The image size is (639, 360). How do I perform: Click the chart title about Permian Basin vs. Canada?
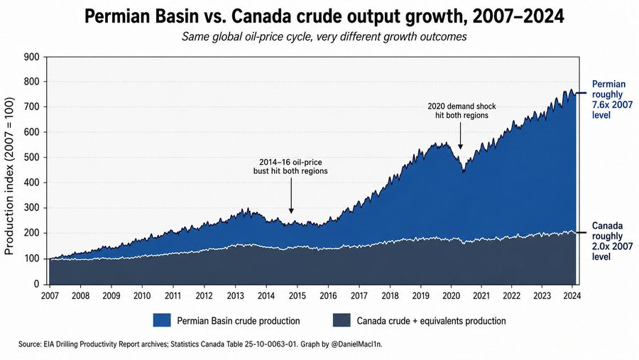324,17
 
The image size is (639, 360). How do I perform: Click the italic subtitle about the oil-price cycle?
324,37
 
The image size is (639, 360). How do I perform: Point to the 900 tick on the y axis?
31,57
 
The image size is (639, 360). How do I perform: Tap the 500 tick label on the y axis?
31,158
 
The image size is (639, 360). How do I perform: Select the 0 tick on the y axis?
37,284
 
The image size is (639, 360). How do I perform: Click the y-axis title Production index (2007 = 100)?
9,176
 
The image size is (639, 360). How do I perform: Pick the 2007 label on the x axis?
50,295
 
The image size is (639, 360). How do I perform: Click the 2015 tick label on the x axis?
297,295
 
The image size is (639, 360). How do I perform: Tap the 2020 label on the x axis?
450,295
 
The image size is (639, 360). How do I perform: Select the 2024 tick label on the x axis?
572,295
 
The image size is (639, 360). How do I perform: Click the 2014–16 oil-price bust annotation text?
290,167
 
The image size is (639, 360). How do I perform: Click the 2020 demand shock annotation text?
461,111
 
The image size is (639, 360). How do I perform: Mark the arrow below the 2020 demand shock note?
461,136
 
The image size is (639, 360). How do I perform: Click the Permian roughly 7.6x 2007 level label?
609,99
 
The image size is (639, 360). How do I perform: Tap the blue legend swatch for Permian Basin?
162,320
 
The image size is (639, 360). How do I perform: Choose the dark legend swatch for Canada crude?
342,320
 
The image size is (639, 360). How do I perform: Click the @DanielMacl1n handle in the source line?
356,344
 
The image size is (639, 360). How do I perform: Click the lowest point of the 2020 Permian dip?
464,173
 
